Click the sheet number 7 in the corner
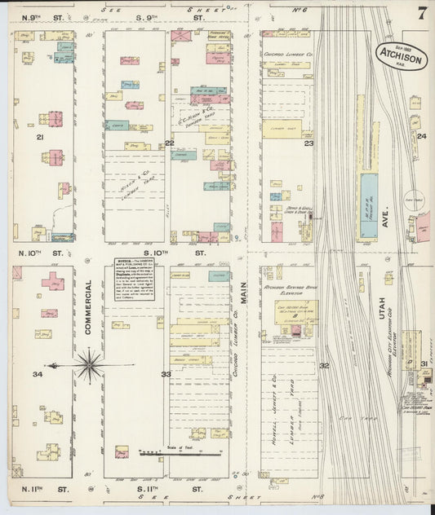point(421,14)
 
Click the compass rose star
point(89,364)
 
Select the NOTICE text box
point(135,279)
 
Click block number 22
point(170,143)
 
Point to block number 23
point(308,143)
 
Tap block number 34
point(38,374)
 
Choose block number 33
point(166,374)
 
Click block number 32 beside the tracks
point(324,366)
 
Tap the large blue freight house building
point(369,205)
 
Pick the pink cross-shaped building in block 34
point(53,281)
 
